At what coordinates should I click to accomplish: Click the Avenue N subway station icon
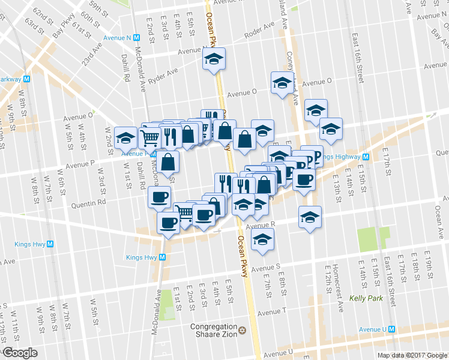(x=137, y=37)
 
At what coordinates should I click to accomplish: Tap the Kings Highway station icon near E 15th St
(x=373, y=158)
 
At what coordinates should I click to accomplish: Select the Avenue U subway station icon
(x=391, y=329)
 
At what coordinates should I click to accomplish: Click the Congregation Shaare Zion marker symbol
(x=243, y=331)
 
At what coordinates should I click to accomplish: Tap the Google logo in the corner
(x=19, y=353)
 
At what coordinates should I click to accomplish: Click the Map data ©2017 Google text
(x=412, y=355)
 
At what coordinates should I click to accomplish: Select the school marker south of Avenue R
(x=262, y=239)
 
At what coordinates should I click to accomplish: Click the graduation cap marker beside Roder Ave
(x=212, y=59)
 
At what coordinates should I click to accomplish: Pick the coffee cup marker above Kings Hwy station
(x=167, y=224)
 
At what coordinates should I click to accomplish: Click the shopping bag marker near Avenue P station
(x=169, y=161)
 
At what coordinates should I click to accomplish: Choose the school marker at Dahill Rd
(x=125, y=137)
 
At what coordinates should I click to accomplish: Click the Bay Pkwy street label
(x=62, y=29)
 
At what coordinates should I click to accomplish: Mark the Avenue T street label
(x=271, y=312)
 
